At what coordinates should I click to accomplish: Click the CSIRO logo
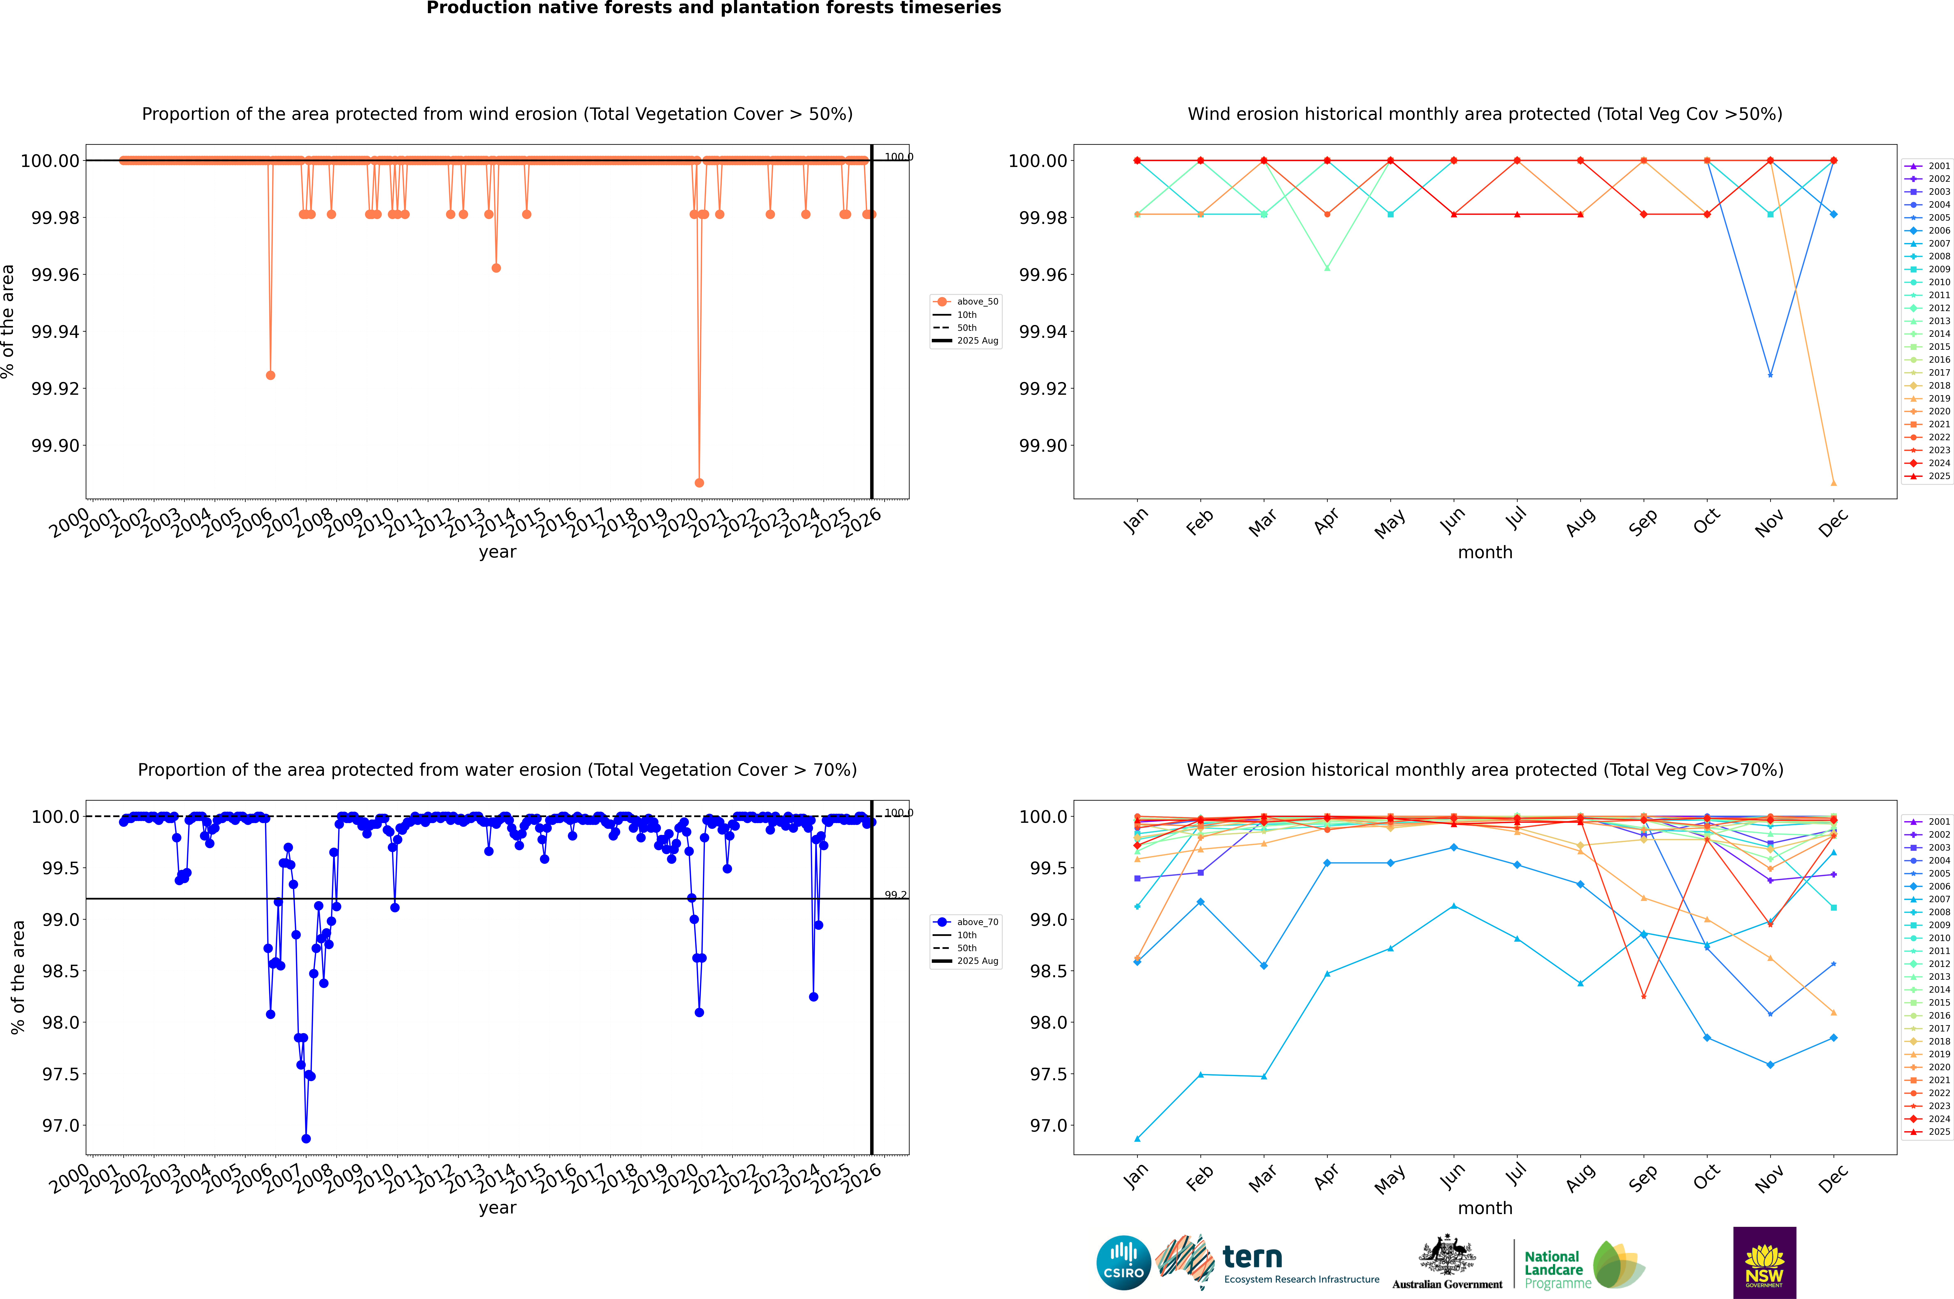(1123, 1263)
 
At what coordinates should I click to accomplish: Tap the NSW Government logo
(1764, 1263)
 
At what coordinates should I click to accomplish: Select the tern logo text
(1252, 1258)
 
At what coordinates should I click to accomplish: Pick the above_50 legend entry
(966, 302)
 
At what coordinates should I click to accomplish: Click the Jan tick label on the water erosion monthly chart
(1136, 1177)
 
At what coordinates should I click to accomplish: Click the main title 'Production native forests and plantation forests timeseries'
(713, 8)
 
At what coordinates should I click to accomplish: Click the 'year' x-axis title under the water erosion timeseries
(497, 1208)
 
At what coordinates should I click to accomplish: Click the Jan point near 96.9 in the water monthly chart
(1137, 1138)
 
